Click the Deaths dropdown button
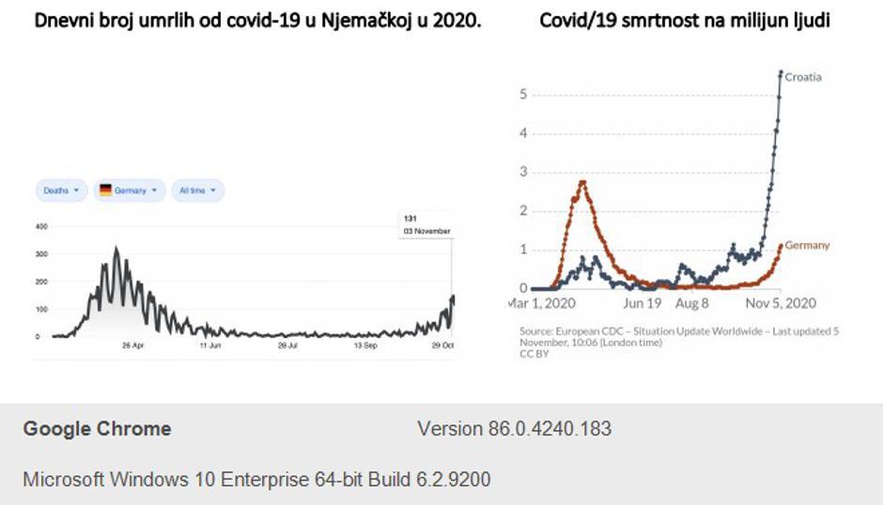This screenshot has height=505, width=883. click(x=61, y=191)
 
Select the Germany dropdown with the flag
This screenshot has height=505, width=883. click(x=130, y=191)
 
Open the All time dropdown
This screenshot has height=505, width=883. click(x=197, y=191)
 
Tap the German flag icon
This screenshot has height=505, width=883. click(x=105, y=191)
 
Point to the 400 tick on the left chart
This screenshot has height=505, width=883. click(x=41, y=226)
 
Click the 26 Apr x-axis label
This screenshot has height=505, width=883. click(x=132, y=346)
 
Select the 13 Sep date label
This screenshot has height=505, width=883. click(x=365, y=346)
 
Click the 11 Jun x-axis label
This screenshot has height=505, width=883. click(x=209, y=346)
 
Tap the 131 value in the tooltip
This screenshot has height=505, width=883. click(x=411, y=218)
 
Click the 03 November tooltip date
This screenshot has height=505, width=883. click(x=426, y=231)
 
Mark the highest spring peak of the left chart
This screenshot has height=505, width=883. click(x=116, y=249)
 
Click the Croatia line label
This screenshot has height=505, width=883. click(x=803, y=77)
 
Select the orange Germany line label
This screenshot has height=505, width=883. click(x=807, y=246)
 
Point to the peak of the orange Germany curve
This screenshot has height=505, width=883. click(x=583, y=182)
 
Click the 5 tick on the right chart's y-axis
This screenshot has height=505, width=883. click(x=523, y=94)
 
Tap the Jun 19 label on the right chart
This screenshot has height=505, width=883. click(x=643, y=304)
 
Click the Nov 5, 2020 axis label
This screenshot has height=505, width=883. click(x=782, y=304)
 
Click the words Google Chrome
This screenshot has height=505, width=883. click(x=97, y=429)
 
